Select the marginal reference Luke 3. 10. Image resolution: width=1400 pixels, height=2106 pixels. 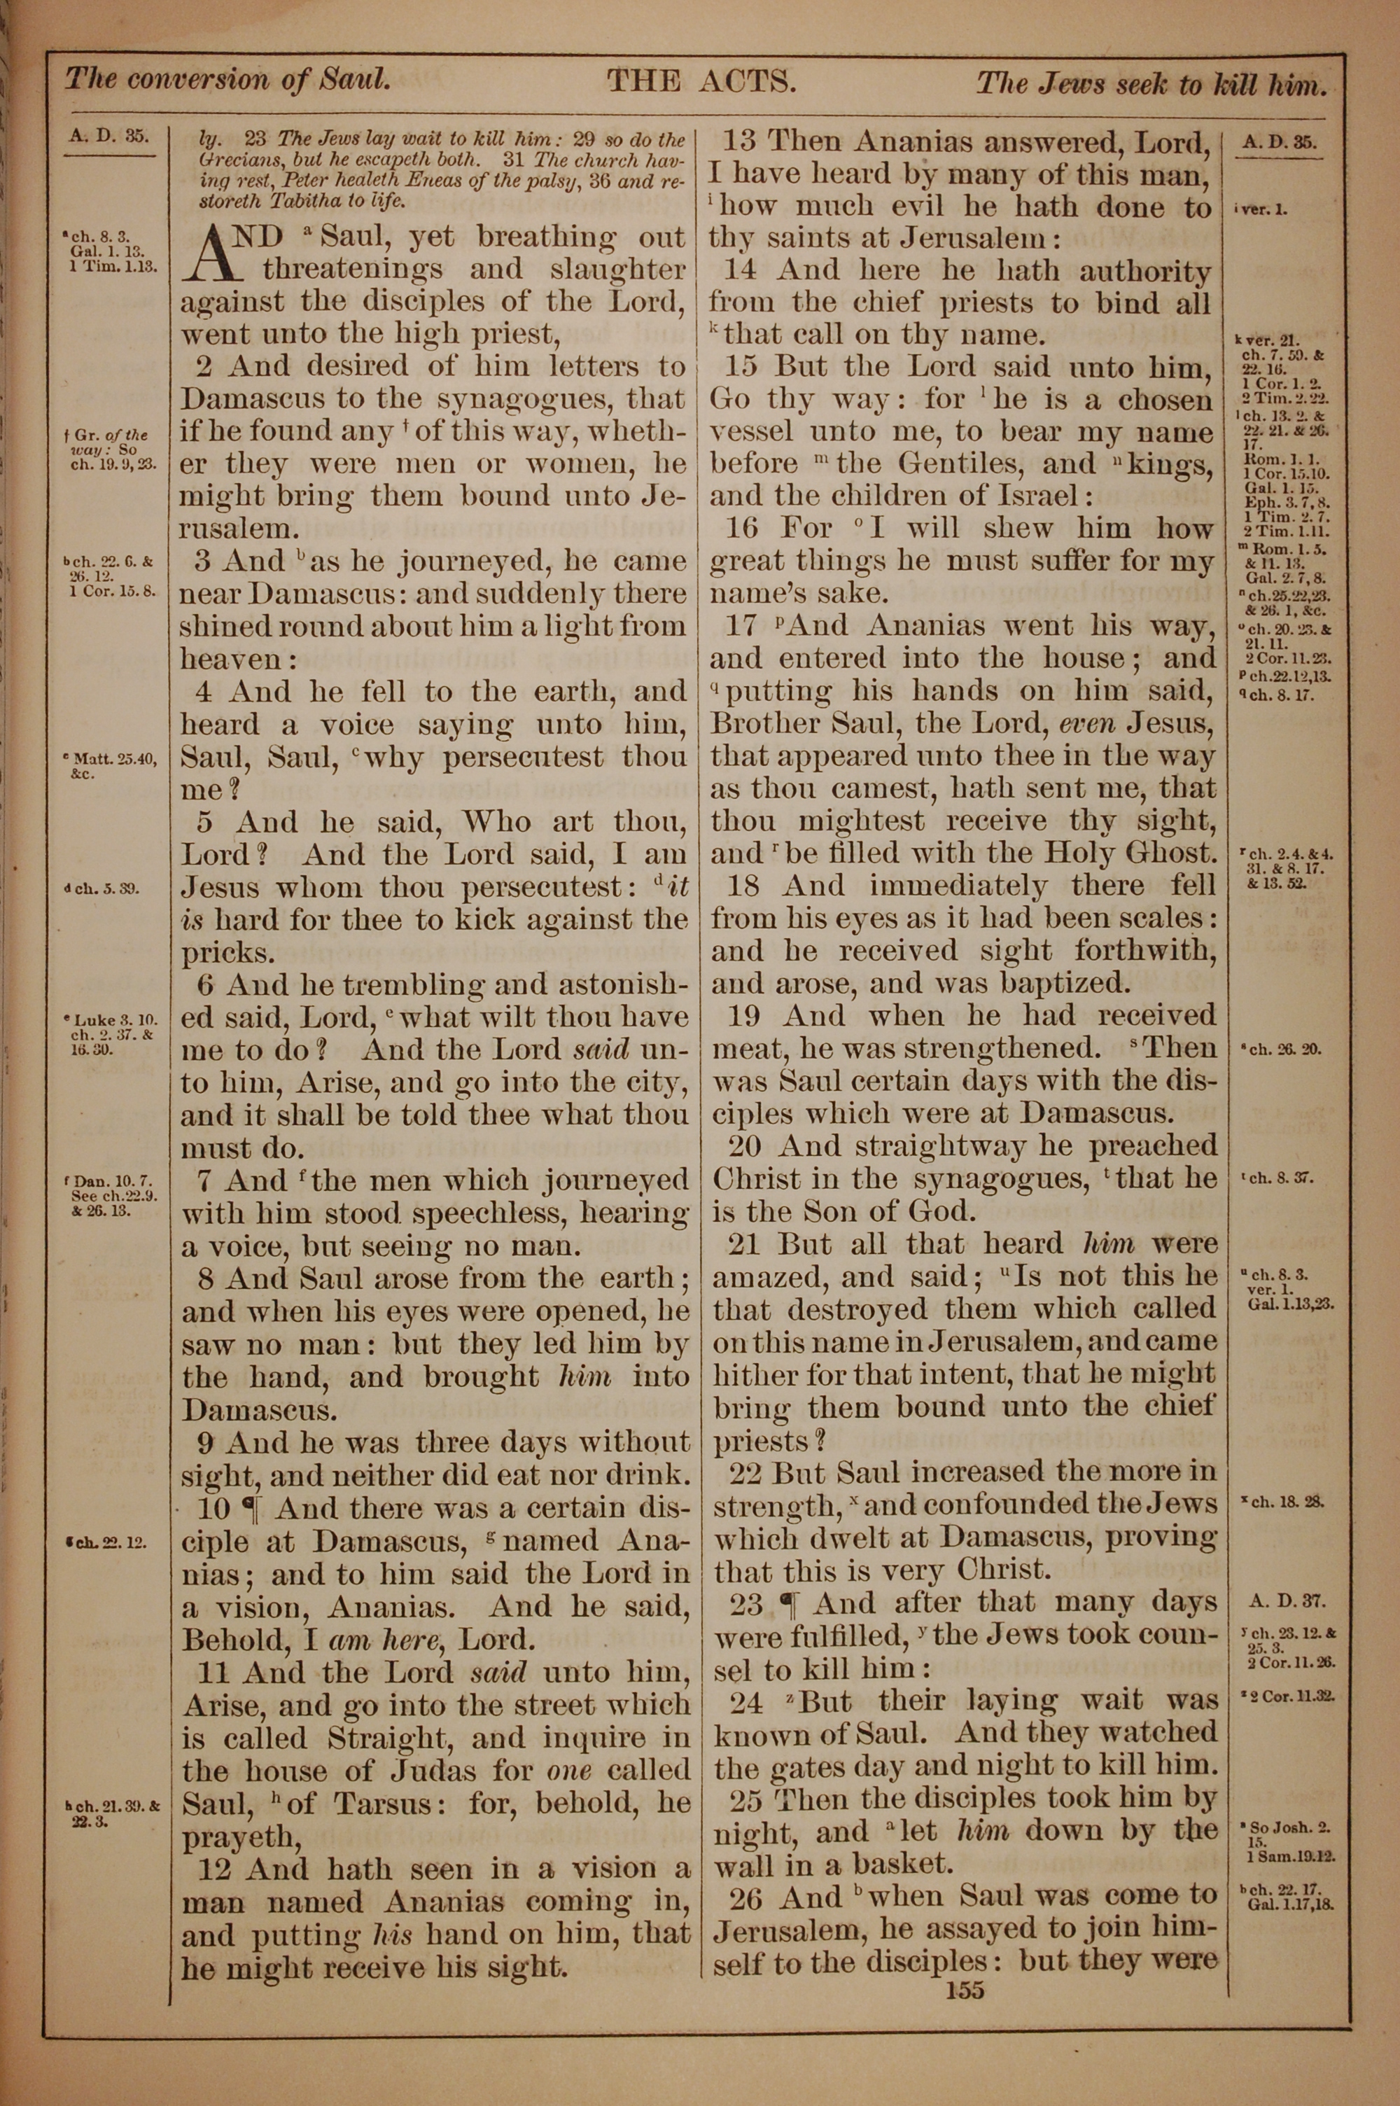coord(117,1019)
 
